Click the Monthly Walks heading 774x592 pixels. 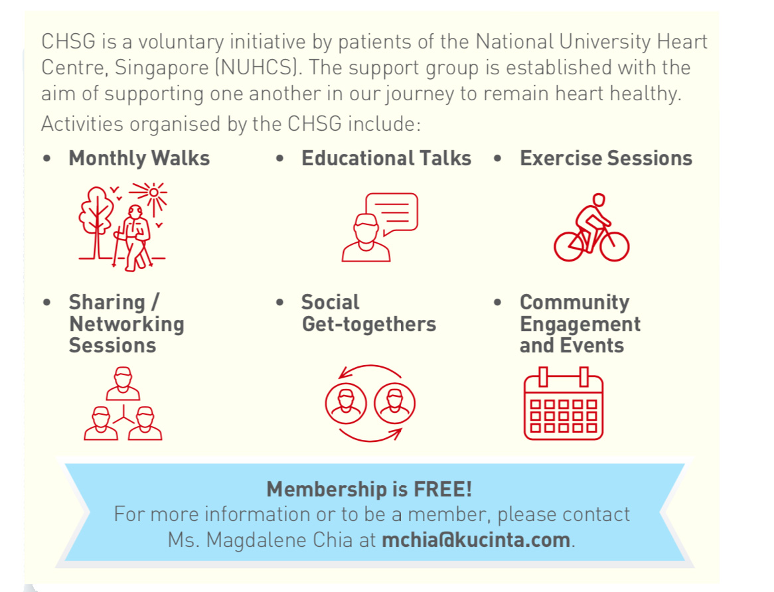pos(139,159)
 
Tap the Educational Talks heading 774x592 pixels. pos(386,159)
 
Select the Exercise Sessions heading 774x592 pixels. pos(605,159)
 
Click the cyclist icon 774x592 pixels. pos(591,228)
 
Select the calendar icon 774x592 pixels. pos(563,405)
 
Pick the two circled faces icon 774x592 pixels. pos(370,403)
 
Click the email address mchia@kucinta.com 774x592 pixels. pos(475,539)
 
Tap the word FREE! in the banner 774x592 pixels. pos(443,490)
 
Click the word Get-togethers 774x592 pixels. pos(368,324)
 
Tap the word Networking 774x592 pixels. pos(126,324)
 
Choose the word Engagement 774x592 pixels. pos(580,324)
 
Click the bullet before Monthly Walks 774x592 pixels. pos(46,159)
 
